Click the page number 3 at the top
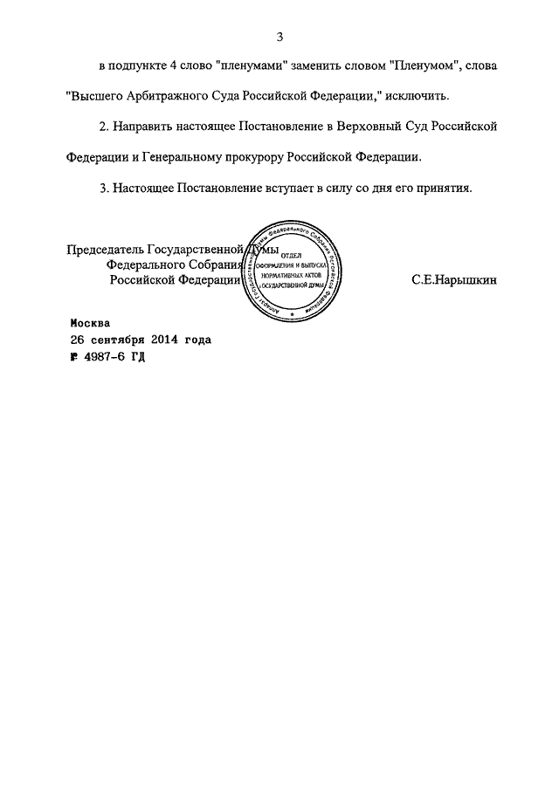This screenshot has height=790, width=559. pos(280,37)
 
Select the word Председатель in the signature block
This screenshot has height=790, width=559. pos(105,250)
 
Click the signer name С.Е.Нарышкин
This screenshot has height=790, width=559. pos(452,280)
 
